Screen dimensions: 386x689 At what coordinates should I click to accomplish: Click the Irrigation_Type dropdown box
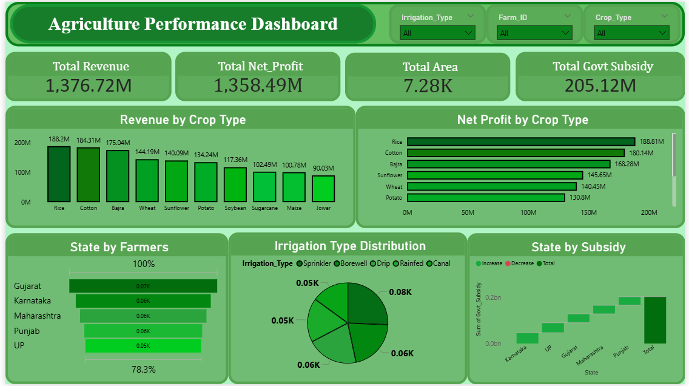437,33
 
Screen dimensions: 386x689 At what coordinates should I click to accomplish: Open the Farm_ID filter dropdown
534,33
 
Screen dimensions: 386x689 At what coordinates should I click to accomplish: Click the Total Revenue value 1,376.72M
89,86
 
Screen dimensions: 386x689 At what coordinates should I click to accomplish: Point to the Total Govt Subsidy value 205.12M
600,86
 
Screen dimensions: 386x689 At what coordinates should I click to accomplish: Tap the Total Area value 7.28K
428,86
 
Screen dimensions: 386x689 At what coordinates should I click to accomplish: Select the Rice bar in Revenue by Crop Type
59,174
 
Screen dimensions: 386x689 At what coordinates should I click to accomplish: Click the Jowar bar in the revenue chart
323,189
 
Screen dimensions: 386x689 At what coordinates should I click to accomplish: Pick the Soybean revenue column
235,185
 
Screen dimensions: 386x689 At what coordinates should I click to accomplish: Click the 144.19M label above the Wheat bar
147,152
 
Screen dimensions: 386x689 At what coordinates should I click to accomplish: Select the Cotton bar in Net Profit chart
516,153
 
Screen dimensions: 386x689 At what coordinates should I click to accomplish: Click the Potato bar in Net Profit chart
486,198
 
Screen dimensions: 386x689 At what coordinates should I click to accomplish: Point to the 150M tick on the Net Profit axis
588,213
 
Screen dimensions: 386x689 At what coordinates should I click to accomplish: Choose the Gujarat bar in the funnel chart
143,286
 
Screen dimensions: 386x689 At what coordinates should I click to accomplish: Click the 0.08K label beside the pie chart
400,292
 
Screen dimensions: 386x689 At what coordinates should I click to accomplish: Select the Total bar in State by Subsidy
655,320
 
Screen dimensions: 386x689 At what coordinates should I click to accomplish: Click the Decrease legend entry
522,263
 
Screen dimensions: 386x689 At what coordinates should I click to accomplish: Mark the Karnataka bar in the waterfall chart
527,338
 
